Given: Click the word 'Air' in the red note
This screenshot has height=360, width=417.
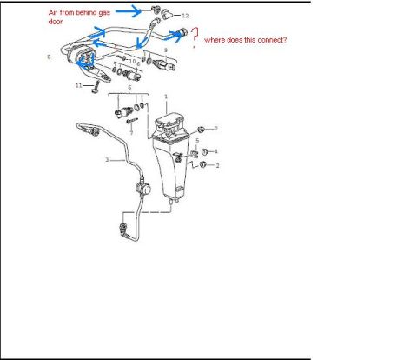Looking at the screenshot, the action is point(53,12).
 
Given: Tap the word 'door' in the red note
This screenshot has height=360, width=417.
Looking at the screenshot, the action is point(56,22).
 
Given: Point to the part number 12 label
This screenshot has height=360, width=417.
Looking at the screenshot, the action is point(185,16).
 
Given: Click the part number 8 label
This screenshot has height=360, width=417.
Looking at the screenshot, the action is point(49,57).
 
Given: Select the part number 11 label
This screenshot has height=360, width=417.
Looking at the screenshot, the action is point(79,85).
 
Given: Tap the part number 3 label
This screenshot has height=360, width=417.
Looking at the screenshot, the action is point(107,160).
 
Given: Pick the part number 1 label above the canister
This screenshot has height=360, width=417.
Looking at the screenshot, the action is point(166,97).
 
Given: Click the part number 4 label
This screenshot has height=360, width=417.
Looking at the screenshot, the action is point(215,151).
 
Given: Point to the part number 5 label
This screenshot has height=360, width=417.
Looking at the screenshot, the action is point(197,141).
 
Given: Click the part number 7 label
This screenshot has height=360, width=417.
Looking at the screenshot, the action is point(131,133).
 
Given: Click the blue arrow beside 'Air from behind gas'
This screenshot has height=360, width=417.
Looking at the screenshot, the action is point(129,11).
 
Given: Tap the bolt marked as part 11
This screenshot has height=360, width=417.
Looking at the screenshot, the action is point(96,87).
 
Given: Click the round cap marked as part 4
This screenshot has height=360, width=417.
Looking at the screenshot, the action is point(205,151).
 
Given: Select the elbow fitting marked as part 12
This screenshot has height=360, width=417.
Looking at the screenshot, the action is point(167,14).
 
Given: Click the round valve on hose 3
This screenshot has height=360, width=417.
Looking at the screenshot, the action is point(143,189).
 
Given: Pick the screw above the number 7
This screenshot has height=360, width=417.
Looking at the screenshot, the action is point(132,120).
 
